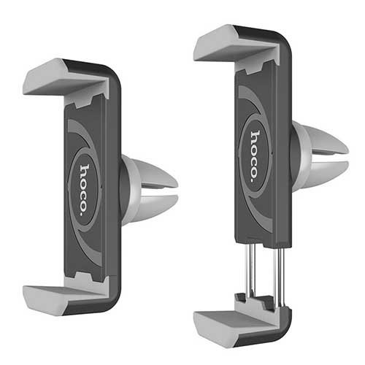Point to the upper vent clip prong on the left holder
pos(155,174)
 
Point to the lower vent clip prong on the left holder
pos(155,207)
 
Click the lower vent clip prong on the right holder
pos(326,174)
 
